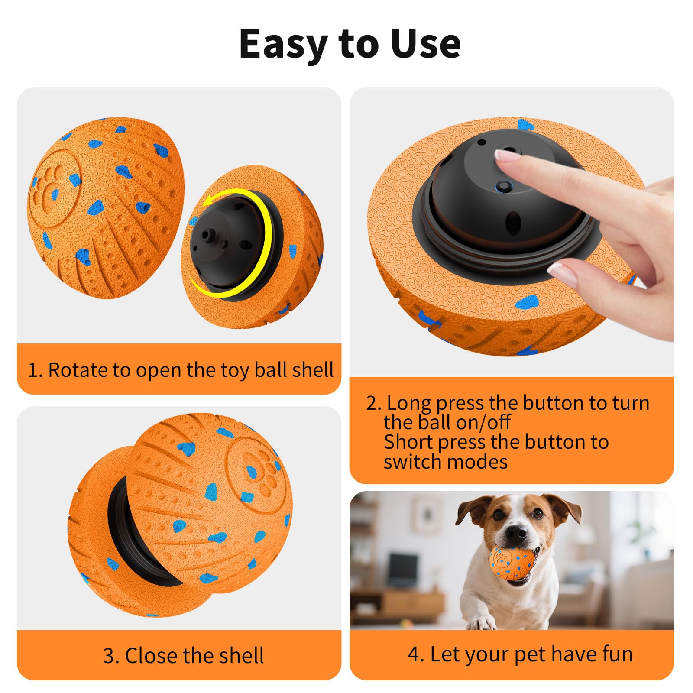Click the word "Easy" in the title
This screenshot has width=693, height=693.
click(x=283, y=45)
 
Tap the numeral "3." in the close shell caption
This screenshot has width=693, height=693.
click(x=111, y=656)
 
